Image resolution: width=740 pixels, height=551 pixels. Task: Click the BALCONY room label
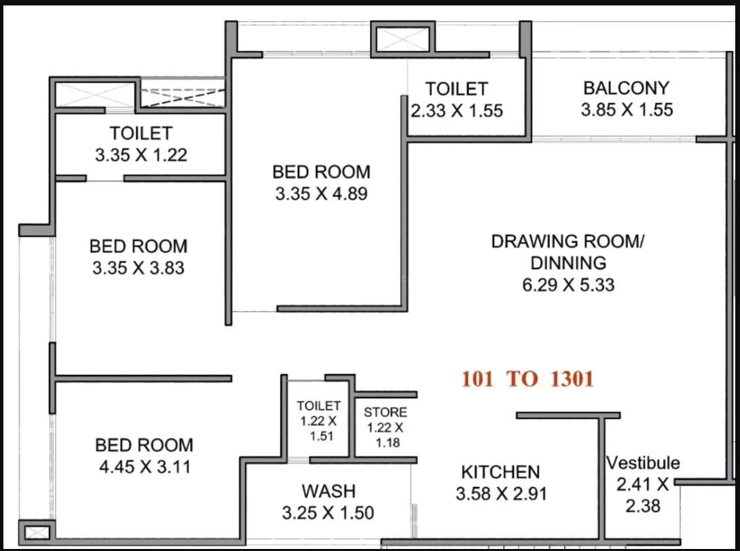pyautogui.click(x=626, y=88)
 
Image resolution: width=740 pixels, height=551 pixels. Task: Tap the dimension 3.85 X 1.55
pyautogui.click(x=626, y=110)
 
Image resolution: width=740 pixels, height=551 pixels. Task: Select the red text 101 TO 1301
pyautogui.click(x=528, y=379)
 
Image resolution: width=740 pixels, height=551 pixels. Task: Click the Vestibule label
pyautogui.click(x=643, y=463)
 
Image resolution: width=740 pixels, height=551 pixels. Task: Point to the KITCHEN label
pyautogui.click(x=500, y=472)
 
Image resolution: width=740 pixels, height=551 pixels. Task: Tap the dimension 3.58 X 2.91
pyautogui.click(x=501, y=494)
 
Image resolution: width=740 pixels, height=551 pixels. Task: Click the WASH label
pyautogui.click(x=329, y=491)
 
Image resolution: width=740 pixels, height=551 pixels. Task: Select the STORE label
pyautogui.click(x=385, y=412)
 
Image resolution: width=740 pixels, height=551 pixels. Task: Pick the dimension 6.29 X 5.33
pyautogui.click(x=568, y=285)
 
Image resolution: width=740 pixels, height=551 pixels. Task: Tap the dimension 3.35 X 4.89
pyautogui.click(x=321, y=194)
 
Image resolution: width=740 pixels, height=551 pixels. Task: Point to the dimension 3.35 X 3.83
pyautogui.click(x=138, y=268)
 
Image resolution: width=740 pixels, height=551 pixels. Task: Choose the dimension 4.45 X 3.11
pyautogui.click(x=144, y=467)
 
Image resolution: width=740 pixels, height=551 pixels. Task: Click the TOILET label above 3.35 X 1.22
pyautogui.click(x=141, y=133)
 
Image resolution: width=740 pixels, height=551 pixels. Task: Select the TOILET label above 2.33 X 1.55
pyautogui.click(x=456, y=89)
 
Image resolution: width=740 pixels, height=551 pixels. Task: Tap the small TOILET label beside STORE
pyautogui.click(x=318, y=406)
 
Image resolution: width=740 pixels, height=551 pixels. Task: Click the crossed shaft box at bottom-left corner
pyautogui.click(x=35, y=531)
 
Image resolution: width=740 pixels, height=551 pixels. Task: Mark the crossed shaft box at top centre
pyautogui.click(x=402, y=38)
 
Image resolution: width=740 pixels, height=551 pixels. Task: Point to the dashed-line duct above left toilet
pyautogui.click(x=182, y=95)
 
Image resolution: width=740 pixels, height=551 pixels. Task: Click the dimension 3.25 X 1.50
pyautogui.click(x=328, y=513)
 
